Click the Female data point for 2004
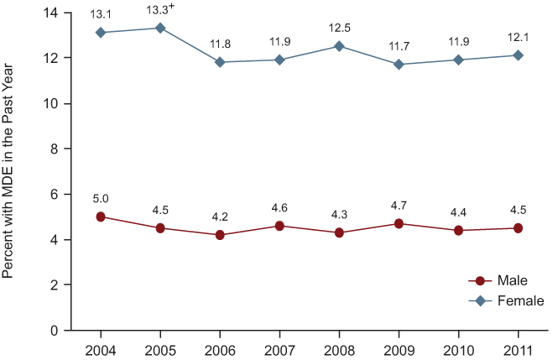tap(101, 33)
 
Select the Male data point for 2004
tap(101, 217)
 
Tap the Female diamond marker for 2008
tap(339, 46)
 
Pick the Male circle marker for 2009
tap(399, 223)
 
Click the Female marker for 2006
tap(220, 62)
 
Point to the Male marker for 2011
tap(518, 228)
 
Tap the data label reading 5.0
tap(101, 198)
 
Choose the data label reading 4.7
tap(399, 205)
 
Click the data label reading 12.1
tap(518, 36)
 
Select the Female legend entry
tap(508, 300)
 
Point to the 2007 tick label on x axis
tap(279, 347)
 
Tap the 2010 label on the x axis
tap(458, 347)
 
